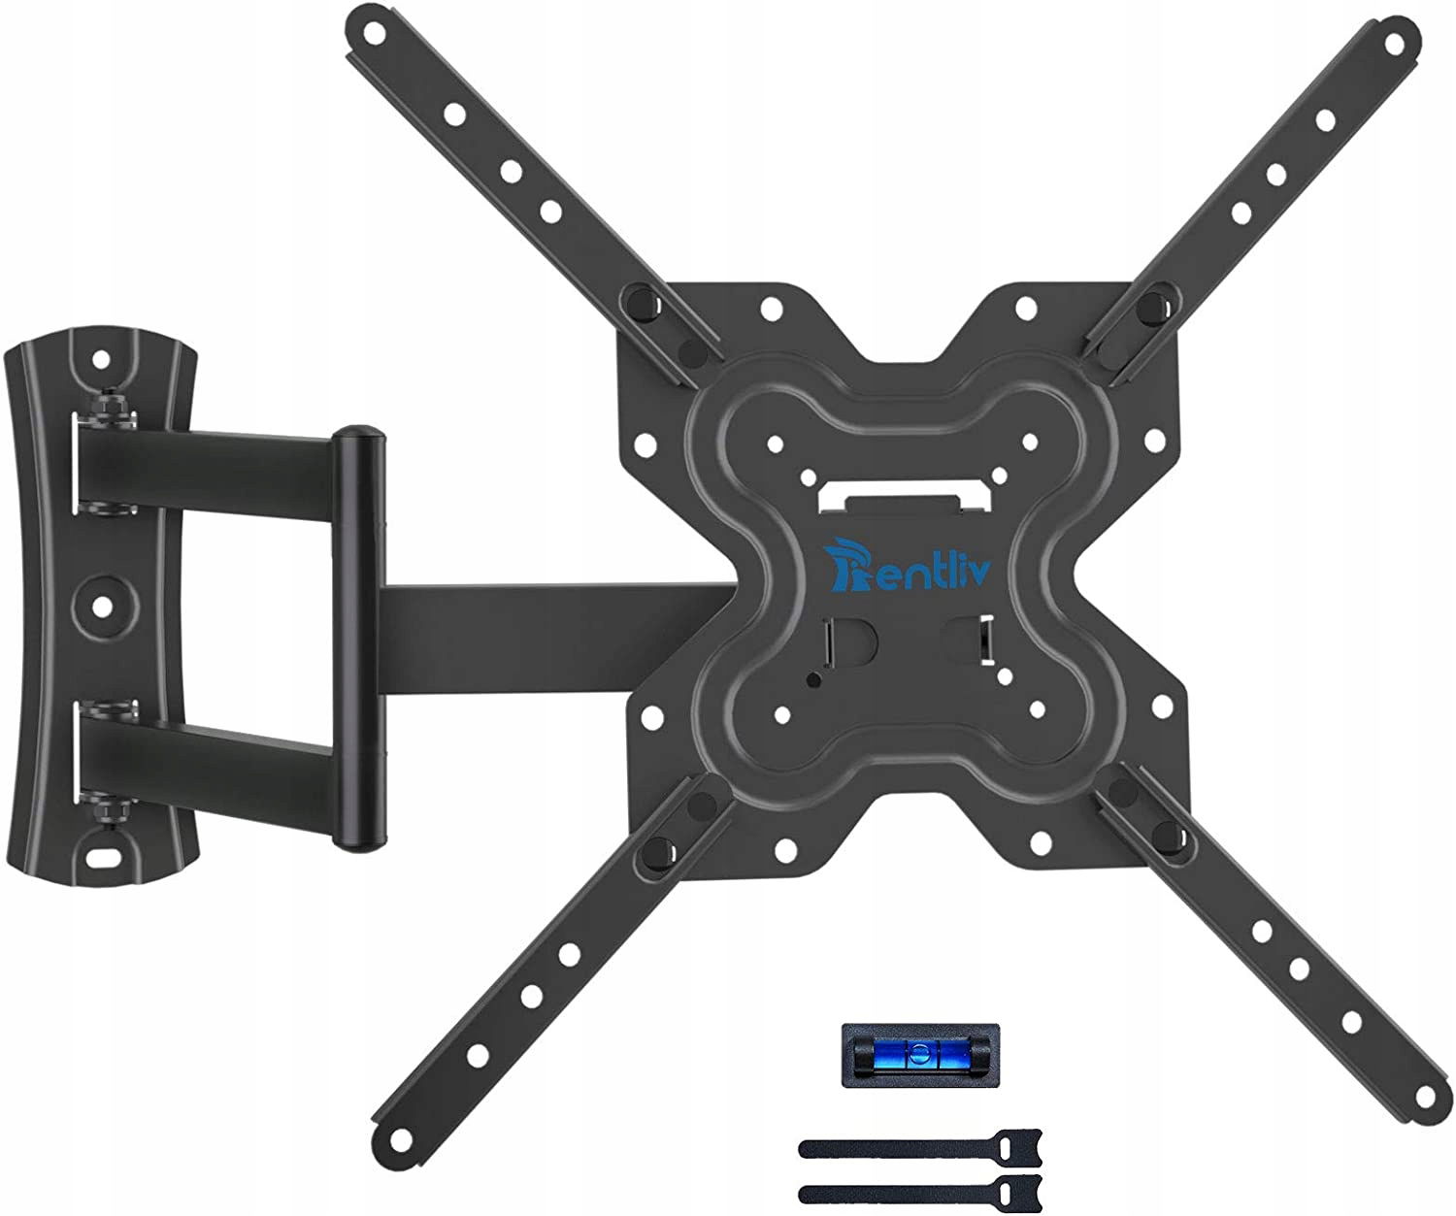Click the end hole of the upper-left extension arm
374,31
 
